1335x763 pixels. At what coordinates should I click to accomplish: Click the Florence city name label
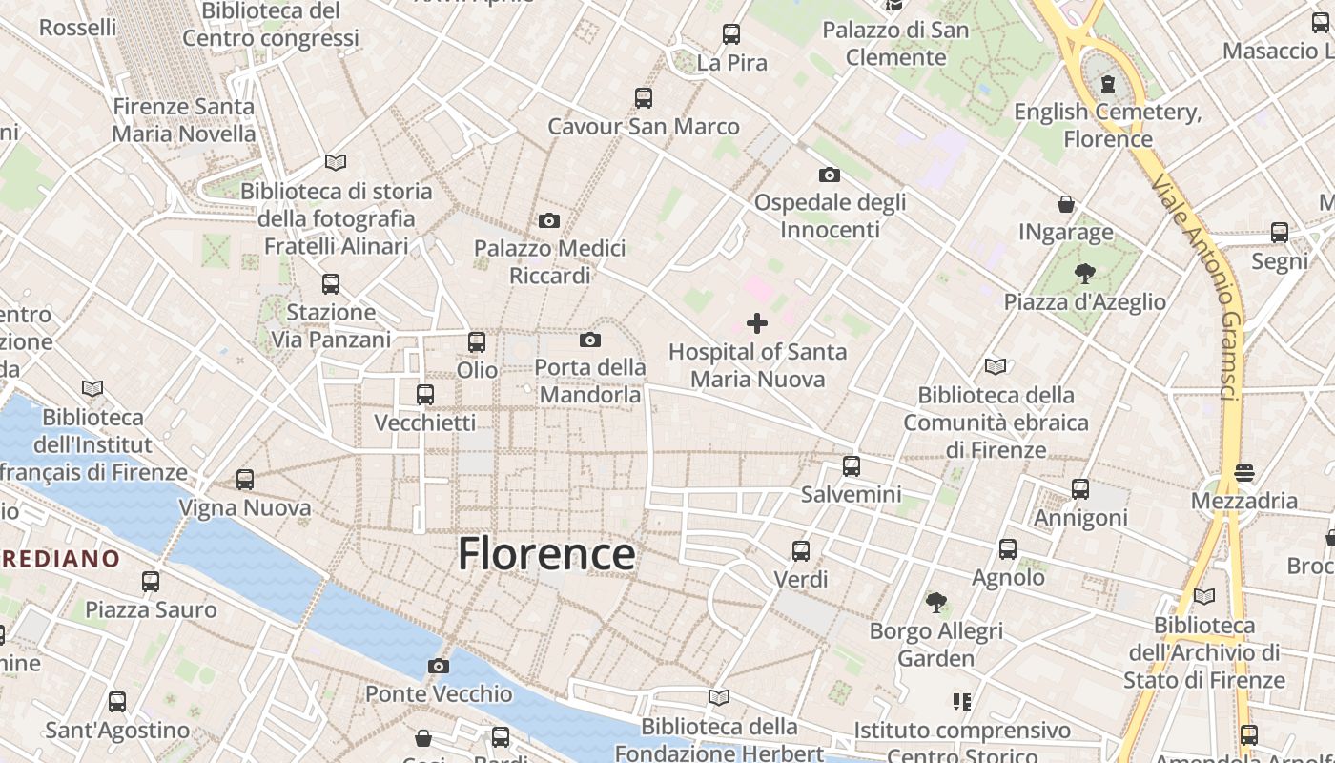(546, 554)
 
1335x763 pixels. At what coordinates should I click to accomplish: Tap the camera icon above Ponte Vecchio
(439, 666)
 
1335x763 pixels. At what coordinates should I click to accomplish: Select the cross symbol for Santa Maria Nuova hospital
(757, 323)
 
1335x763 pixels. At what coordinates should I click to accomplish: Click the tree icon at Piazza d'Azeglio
(1084, 275)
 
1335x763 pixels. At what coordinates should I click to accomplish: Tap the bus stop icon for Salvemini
(852, 466)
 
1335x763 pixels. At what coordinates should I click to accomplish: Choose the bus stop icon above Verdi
(801, 550)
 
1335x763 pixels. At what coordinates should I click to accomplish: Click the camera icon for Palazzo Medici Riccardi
(549, 221)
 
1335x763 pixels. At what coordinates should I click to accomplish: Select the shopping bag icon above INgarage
(1066, 204)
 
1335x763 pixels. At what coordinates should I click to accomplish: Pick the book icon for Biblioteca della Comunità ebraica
(996, 366)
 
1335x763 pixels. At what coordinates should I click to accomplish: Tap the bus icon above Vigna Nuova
(245, 480)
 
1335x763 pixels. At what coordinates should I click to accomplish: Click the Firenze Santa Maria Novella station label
(184, 120)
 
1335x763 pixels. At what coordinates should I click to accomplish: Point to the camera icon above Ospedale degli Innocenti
(830, 175)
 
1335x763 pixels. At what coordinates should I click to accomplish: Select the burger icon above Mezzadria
(1244, 472)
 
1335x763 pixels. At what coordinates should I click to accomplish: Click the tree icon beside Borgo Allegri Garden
(936, 602)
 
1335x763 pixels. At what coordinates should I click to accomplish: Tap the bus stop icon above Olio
(477, 341)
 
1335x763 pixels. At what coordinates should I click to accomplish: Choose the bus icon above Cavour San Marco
(644, 97)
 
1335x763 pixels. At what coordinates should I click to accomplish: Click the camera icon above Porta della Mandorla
(590, 340)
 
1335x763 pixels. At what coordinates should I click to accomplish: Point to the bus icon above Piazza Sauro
(151, 581)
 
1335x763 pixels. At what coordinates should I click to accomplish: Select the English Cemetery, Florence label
(1107, 126)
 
